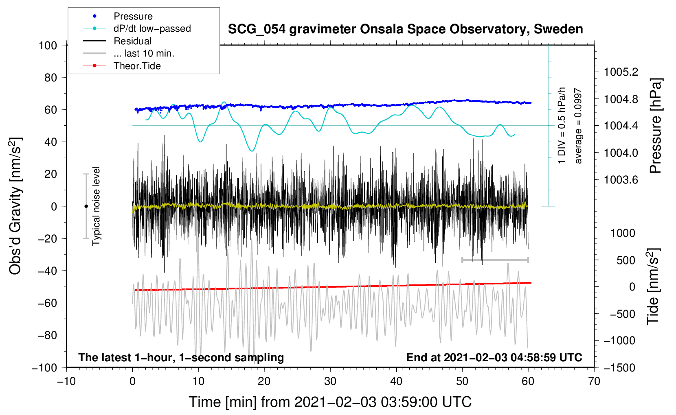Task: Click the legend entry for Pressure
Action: pyautogui.click(x=118, y=16)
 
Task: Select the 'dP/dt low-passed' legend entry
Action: pyautogui.click(x=137, y=28)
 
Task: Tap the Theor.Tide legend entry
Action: pyautogui.click(x=122, y=66)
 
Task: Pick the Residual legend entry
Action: pyautogui.click(x=117, y=41)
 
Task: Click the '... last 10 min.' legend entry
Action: pyautogui.click(x=129, y=53)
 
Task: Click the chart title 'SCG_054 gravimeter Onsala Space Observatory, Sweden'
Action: pyautogui.click(x=405, y=29)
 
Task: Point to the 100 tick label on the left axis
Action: pyautogui.click(x=48, y=46)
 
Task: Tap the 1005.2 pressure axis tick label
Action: pyautogui.click(x=621, y=72)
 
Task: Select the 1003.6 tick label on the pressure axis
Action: pyautogui.click(x=621, y=180)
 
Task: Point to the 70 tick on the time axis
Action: pyautogui.click(x=594, y=382)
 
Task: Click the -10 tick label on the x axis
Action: pyautogui.click(x=66, y=382)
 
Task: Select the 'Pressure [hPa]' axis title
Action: pyautogui.click(x=655, y=126)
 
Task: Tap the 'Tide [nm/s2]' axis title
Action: pyautogui.click(x=653, y=287)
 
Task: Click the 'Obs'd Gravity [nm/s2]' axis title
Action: pyautogui.click(x=15, y=206)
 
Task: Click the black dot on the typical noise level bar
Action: pyautogui.click(x=86, y=206)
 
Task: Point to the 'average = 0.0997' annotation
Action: pyautogui.click(x=578, y=126)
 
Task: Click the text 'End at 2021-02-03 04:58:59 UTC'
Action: pyautogui.click(x=494, y=357)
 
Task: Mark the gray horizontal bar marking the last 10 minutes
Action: pyautogui.click(x=495, y=260)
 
